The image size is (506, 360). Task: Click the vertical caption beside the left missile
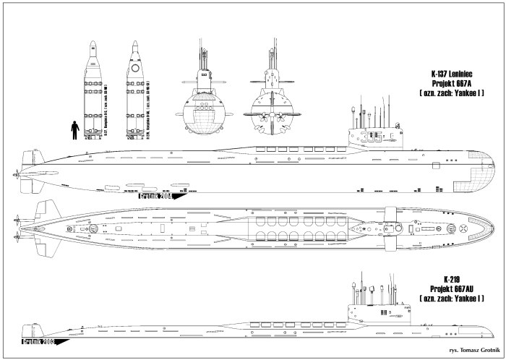tap(85, 119)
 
